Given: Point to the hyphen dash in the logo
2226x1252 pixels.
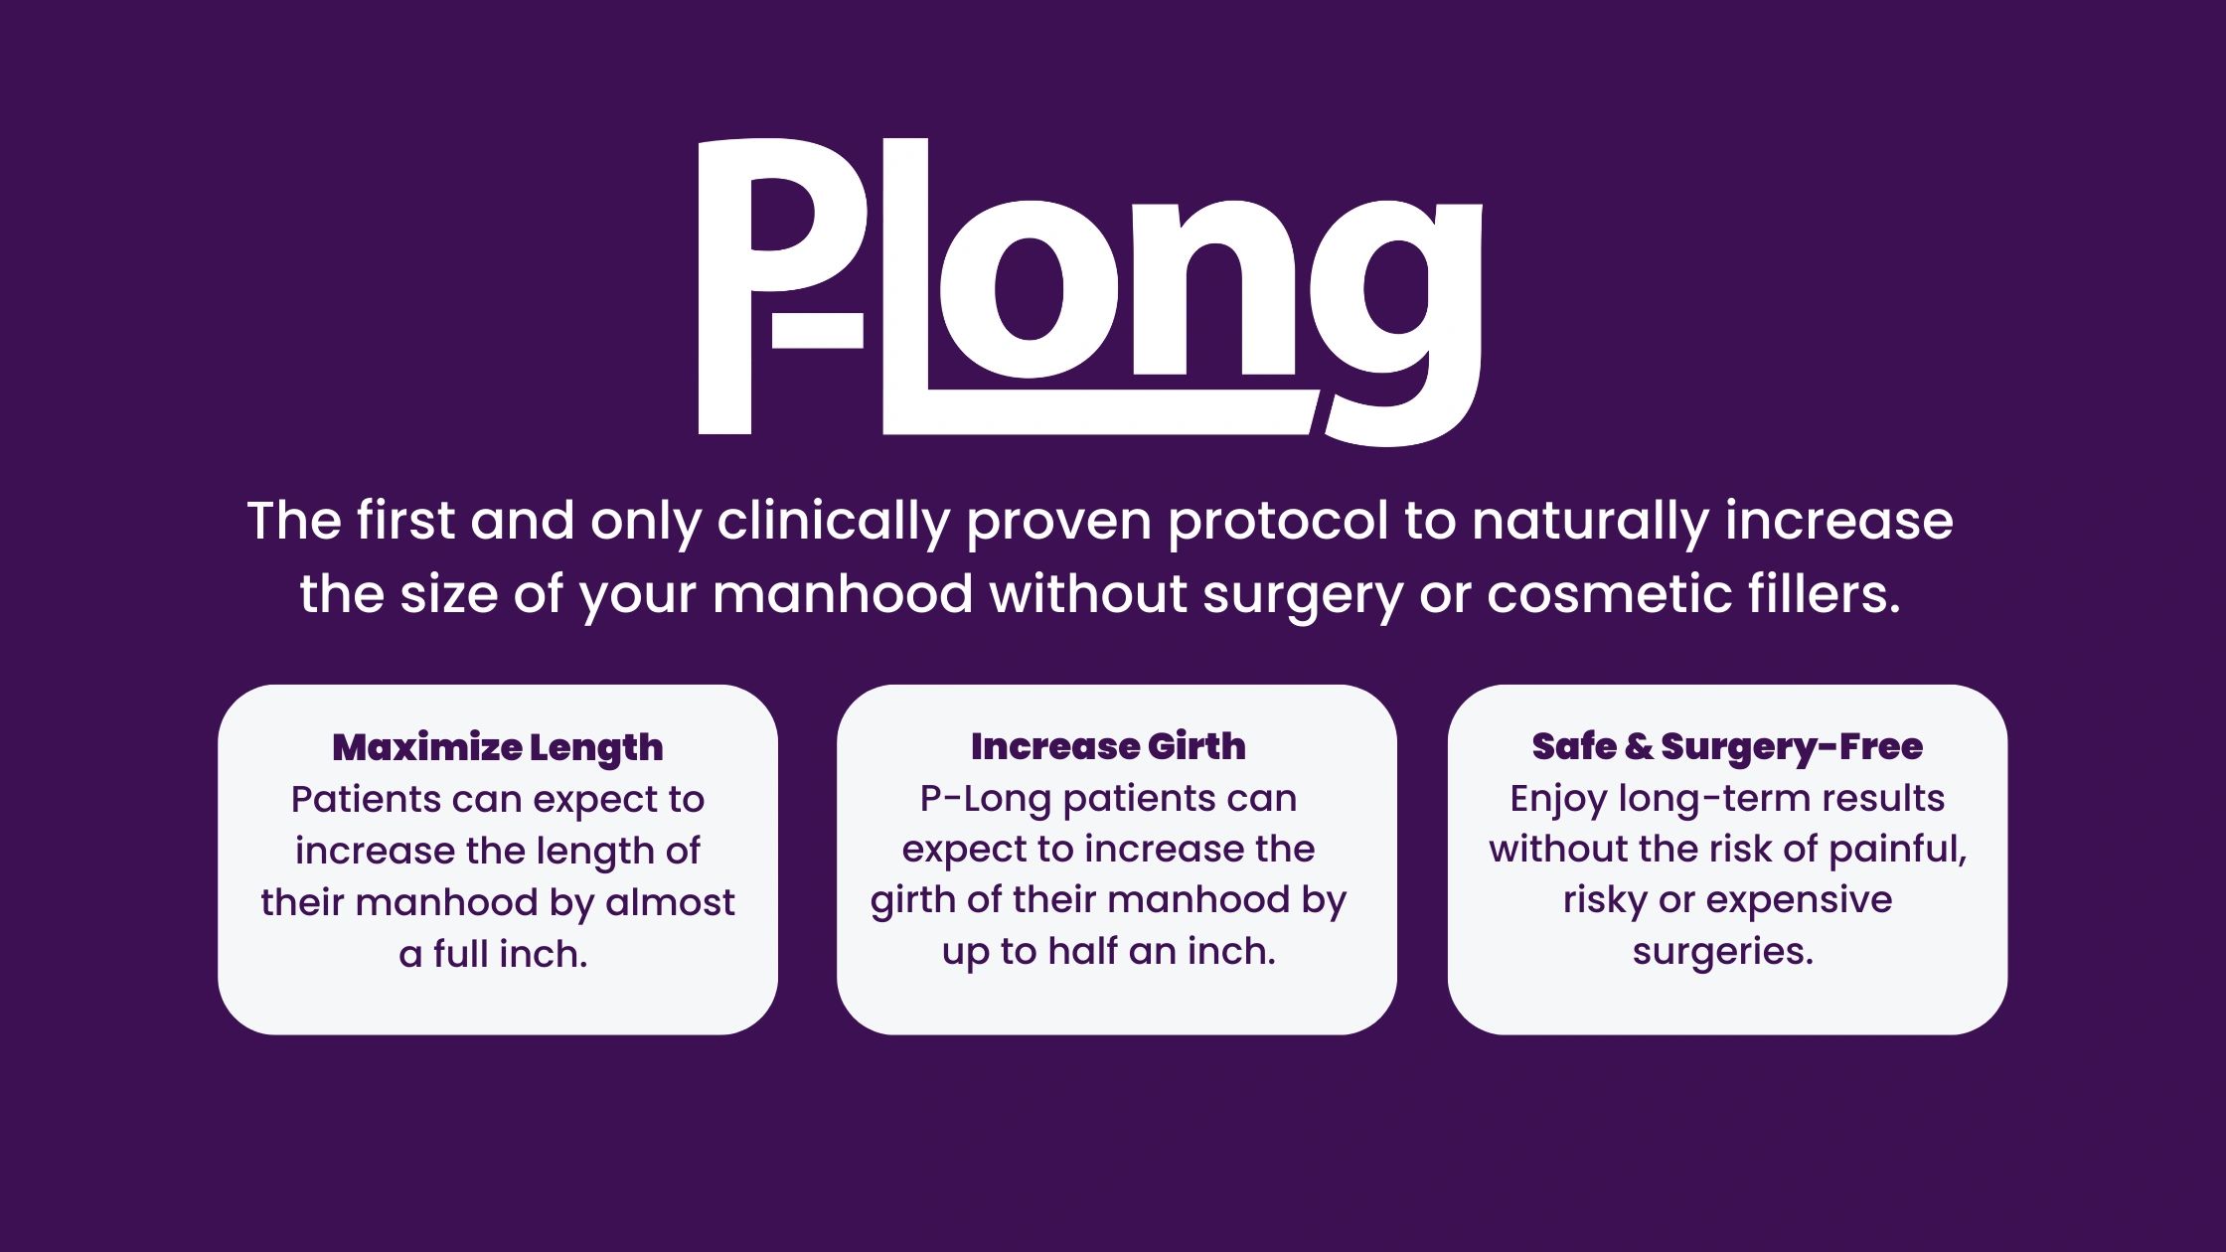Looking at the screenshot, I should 817,331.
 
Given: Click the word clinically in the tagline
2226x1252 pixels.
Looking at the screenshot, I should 833,521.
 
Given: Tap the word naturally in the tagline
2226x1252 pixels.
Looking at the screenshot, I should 1590,521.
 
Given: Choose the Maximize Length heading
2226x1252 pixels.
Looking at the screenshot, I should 498,747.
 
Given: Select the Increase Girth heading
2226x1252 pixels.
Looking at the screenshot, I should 1108,746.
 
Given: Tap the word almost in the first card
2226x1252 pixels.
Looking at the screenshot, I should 670,902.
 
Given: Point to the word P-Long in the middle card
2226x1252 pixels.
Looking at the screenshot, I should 985,798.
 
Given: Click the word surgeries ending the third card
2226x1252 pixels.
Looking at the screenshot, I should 1722,951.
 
